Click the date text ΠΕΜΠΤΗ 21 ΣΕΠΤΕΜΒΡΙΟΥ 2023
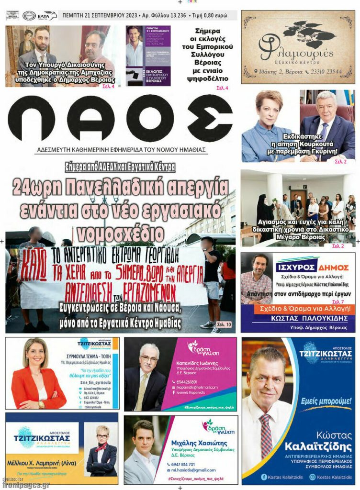[99, 16]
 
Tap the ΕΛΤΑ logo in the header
[47, 15]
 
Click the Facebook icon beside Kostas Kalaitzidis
[263, 477]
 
